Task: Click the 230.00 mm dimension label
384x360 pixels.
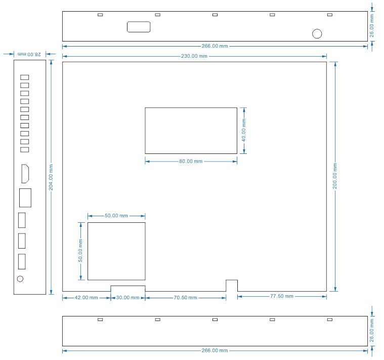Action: click(x=194, y=56)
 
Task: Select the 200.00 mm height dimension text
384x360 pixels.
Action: click(x=335, y=176)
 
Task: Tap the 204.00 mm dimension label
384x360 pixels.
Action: click(x=51, y=177)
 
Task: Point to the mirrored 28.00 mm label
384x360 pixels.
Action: click(x=29, y=54)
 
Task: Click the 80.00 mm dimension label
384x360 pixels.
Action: click(x=191, y=161)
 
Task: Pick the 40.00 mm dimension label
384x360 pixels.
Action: click(x=244, y=130)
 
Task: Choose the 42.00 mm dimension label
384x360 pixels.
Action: click(x=86, y=298)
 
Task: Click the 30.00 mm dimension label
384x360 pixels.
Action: click(x=127, y=298)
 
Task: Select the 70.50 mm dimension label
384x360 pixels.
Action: click(x=185, y=298)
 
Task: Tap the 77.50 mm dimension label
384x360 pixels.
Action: click(x=282, y=296)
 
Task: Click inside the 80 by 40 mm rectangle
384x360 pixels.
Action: click(x=191, y=131)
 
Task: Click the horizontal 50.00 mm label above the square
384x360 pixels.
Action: click(x=116, y=216)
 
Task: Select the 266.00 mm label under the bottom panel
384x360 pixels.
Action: click(x=215, y=350)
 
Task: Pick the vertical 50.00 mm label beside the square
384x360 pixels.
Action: click(x=80, y=251)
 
